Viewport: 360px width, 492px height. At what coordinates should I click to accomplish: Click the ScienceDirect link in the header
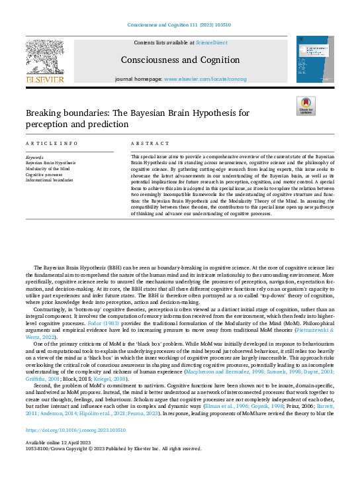pos(210,42)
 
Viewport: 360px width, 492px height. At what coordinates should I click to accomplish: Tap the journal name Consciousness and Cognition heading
pos(180,60)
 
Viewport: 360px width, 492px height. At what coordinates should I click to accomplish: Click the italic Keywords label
pos(34,157)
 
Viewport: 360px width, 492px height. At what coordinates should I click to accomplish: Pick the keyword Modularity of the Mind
pos(48,168)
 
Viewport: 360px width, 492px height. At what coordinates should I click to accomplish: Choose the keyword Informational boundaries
pos(49,179)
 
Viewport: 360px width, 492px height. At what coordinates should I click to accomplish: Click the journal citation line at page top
pos(180,26)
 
